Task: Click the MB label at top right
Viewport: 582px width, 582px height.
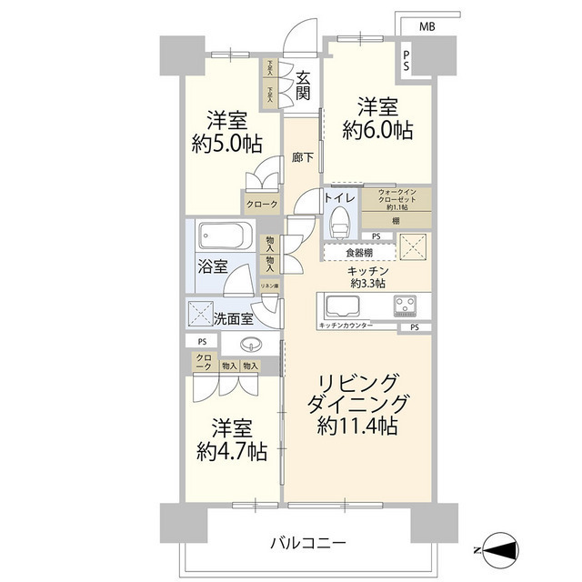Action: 426,27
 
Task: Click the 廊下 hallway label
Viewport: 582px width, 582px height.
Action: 303,157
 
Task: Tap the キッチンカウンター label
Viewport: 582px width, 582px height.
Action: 346,325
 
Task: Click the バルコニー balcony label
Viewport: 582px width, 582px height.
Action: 307,543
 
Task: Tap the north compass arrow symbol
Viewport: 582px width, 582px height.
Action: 500,548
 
